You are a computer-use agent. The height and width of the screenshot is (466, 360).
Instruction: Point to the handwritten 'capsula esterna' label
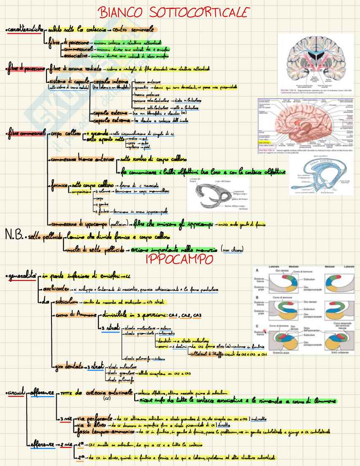point(110,113)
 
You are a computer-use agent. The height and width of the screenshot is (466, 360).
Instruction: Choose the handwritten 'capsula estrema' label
point(110,120)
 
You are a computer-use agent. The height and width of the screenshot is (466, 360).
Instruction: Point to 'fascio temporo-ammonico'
point(104,431)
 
